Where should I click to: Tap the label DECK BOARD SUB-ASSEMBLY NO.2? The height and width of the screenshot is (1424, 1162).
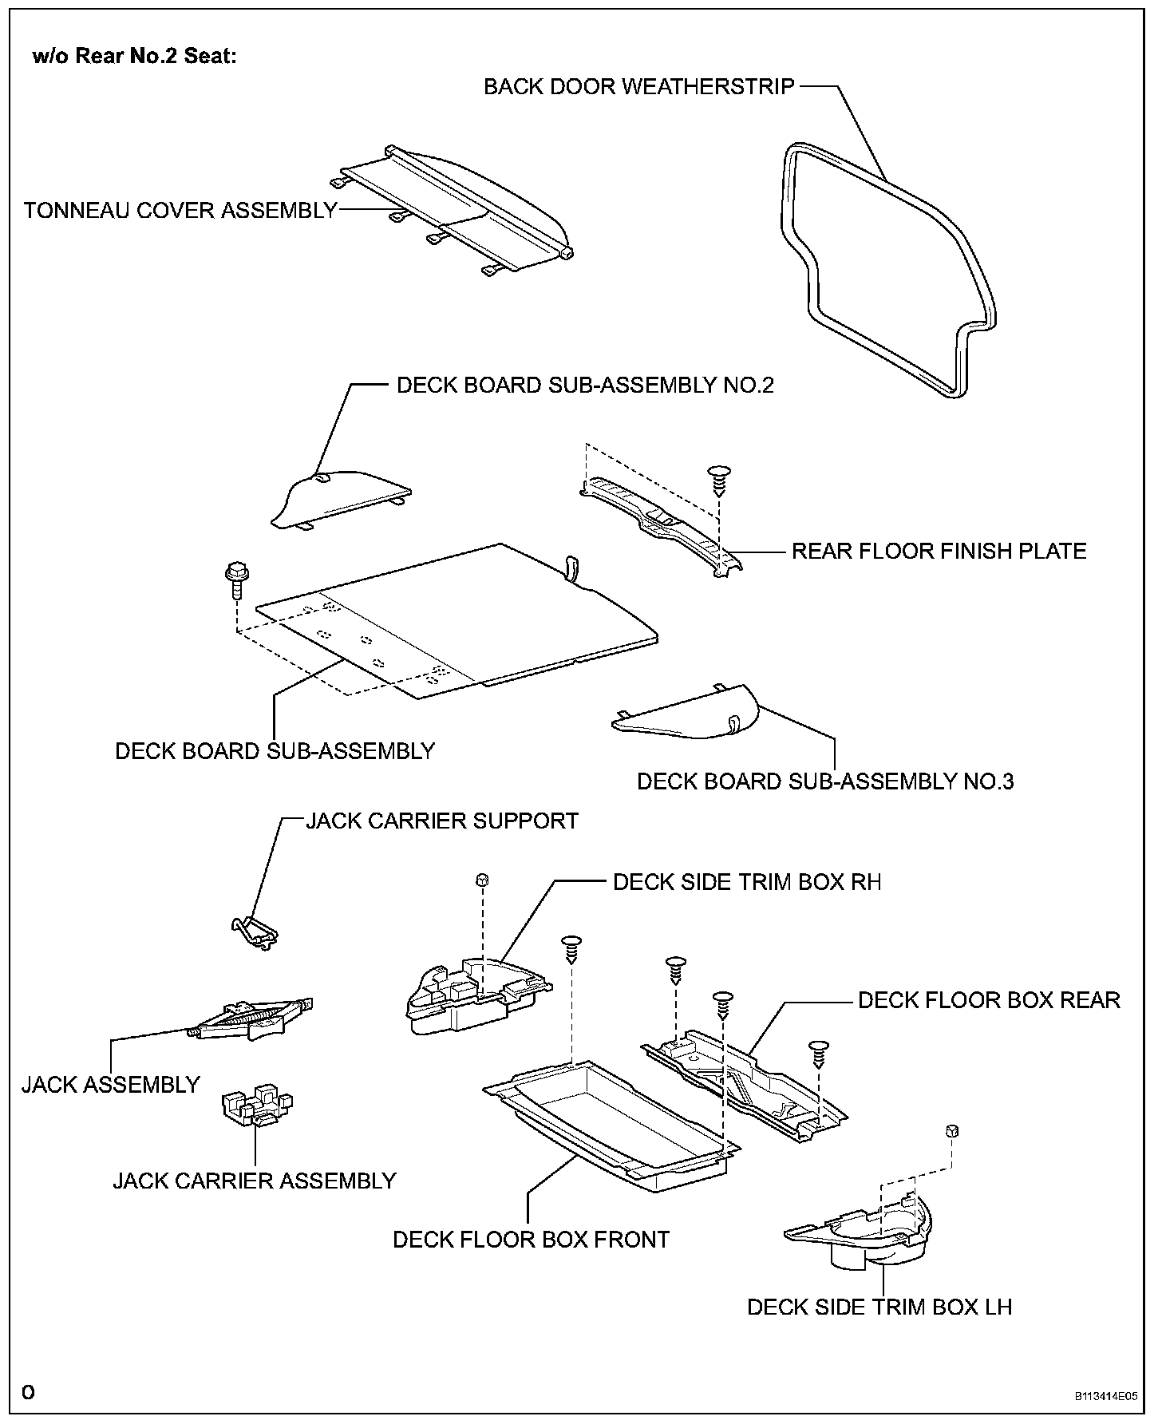tap(585, 386)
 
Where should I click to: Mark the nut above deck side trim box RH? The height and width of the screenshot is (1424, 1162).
tap(481, 880)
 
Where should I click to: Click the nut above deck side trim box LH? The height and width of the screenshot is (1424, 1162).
tap(951, 1131)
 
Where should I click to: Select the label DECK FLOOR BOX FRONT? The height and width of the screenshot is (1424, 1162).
tap(531, 1240)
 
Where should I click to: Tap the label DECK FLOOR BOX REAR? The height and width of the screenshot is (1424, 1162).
tap(989, 1000)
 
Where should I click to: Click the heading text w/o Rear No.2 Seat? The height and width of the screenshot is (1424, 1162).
tap(134, 57)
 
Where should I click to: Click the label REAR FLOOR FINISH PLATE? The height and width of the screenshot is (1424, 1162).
tap(939, 552)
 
